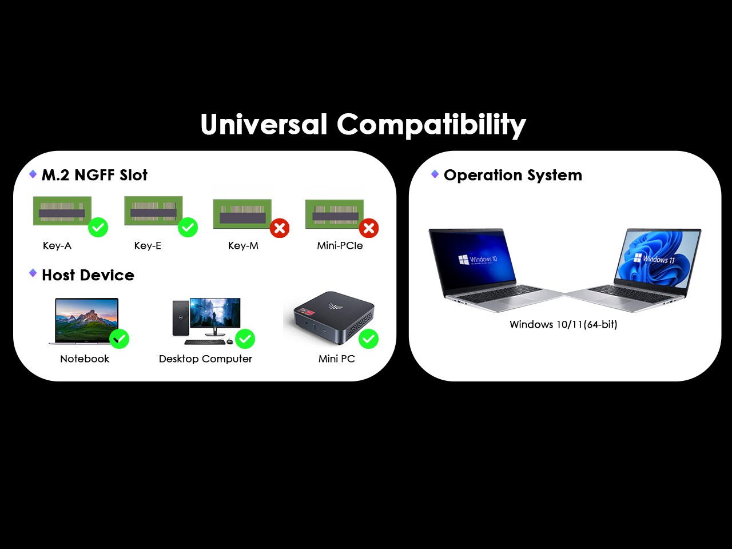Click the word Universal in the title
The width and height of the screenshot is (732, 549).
pos(264,124)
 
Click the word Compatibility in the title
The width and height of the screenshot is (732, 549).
pos(431,125)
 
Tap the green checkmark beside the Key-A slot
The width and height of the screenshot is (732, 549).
pos(98,228)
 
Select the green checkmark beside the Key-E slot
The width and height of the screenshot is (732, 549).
pos(188,228)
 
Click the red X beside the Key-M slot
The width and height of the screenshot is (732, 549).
pos(280,228)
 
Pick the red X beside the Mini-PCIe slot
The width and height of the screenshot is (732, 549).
pos(369,228)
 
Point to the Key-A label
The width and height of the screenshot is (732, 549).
pos(57,246)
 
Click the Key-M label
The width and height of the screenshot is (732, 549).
pos(243,246)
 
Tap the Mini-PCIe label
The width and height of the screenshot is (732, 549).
pos(340,246)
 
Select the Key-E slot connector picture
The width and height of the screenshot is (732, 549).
pos(153,210)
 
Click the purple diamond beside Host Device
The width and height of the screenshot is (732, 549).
pos(33,273)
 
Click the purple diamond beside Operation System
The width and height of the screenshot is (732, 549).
pos(435,174)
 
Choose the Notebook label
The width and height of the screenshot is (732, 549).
pos(85,359)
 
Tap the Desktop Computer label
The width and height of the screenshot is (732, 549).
pos(205,359)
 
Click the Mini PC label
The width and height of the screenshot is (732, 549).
pos(336,359)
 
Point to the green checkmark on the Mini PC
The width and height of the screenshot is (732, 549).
pos(368,339)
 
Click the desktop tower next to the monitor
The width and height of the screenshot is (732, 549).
pos(181,318)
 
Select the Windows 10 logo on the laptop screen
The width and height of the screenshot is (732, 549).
pos(464,260)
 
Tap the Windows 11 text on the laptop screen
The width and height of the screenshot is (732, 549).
pos(659,259)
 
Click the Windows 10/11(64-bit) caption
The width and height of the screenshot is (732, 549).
pos(563,324)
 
